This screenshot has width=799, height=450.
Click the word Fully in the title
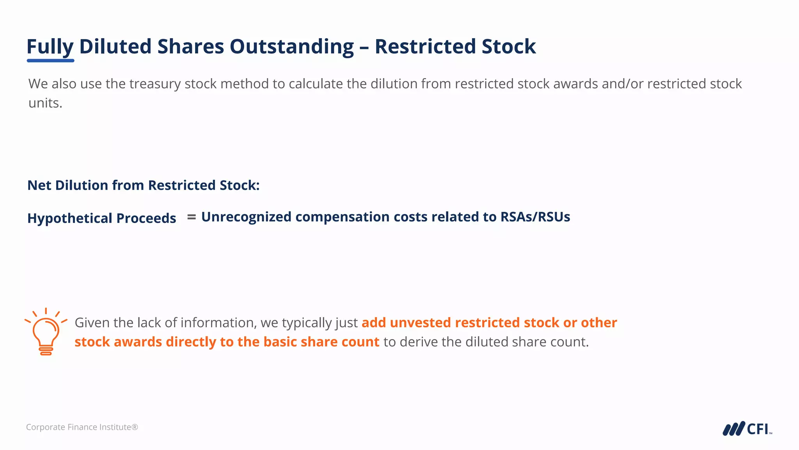(50, 46)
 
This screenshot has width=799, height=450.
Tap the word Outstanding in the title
(291, 46)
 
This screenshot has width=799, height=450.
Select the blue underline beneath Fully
(50, 61)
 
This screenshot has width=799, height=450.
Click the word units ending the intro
(45, 103)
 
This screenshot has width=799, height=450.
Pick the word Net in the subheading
(39, 185)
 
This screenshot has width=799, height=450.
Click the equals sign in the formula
(191, 217)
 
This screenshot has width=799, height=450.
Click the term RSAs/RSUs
(535, 217)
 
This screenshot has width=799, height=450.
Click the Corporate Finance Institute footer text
(82, 427)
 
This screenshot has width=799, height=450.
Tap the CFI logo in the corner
(747, 429)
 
